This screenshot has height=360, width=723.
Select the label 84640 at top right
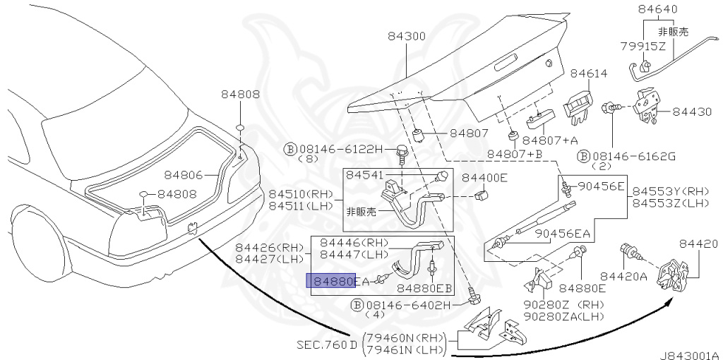pos(657,10)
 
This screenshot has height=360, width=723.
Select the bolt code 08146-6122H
pos(342,149)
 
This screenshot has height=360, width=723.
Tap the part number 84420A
pos(623,276)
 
